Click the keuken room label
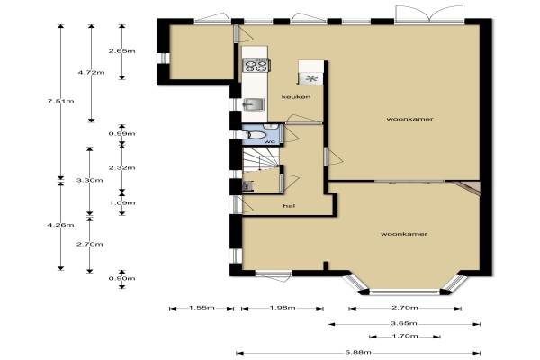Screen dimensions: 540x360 coord(296,97)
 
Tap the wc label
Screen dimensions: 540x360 coord(269,141)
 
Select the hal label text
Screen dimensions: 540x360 coord(289,206)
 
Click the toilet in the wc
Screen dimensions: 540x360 coord(252,135)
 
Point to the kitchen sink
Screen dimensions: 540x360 coord(253,104)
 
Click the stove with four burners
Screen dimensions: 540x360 coord(256,66)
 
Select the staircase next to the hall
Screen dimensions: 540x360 coord(261,159)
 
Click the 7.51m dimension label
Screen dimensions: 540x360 coord(61,101)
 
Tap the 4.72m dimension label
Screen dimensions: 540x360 coord(91,72)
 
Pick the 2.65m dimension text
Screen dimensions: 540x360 coord(121,51)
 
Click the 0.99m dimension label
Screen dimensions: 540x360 coord(121,134)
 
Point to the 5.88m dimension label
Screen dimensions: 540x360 coord(358,352)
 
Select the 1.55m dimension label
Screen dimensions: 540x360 coord(202,308)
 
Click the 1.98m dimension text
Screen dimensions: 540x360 coord(283,308)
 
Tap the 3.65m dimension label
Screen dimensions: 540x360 coord(404,323)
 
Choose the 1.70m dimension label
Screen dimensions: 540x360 coord(405,336)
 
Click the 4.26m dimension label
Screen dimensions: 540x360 coord(61,225)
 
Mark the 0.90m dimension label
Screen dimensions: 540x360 coord(121,278)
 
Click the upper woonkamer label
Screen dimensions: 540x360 coord(409,119)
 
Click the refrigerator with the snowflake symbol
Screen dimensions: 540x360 coord(311,78)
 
